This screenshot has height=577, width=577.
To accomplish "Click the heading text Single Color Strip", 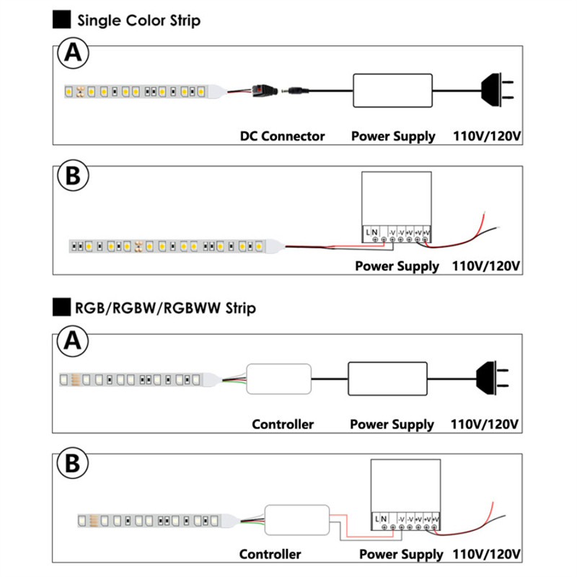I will (138, 20).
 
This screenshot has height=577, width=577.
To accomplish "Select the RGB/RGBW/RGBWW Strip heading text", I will (164, 309).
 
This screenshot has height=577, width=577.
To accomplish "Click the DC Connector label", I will (283, 136).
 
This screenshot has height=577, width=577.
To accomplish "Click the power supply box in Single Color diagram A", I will (393, 90).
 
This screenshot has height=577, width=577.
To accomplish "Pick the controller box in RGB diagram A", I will (279, 377).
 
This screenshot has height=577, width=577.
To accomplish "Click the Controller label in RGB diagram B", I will (270, 554).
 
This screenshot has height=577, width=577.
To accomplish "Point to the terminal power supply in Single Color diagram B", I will (396, 206).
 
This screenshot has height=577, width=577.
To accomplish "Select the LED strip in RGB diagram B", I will (151, 519).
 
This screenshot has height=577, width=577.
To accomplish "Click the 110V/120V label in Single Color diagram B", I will (485, 265).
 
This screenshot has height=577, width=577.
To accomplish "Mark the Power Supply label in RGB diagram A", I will (392, 424).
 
